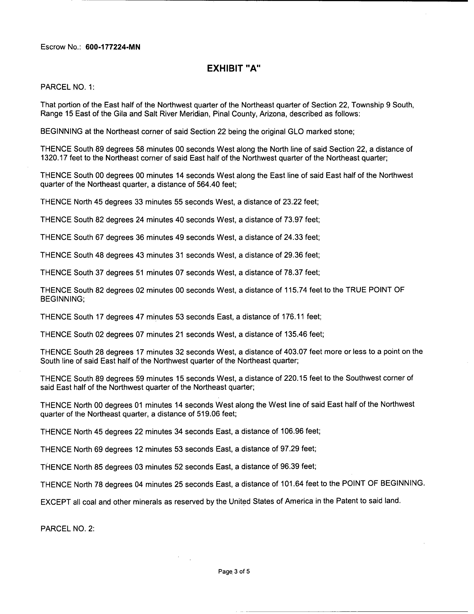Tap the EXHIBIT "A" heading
[x=234, y=68]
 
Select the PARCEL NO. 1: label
[x=67, y=87]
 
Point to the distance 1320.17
[x=53, y=158]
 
